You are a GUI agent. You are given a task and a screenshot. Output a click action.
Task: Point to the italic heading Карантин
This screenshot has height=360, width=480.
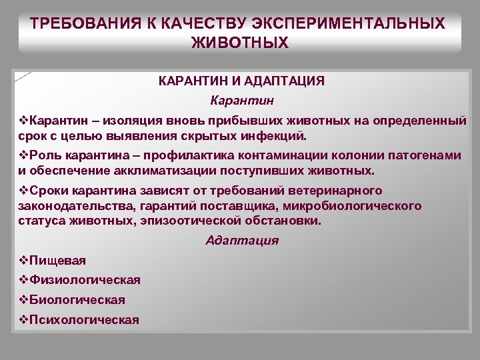point(241,101)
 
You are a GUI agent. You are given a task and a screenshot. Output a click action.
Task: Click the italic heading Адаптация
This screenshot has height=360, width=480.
point(242,241)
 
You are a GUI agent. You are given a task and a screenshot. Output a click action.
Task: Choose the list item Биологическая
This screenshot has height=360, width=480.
point(77,300)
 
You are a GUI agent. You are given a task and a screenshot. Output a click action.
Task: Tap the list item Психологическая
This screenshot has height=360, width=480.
point(84,320)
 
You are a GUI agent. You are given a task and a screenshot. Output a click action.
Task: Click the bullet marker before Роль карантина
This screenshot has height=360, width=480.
point(23,155)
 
